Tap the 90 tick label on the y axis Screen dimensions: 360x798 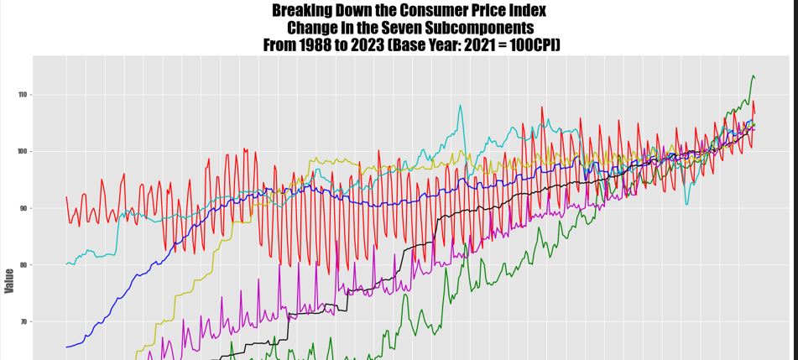(22, 208)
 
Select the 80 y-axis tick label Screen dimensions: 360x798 (22, 265)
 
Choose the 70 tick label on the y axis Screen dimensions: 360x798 (22, 321)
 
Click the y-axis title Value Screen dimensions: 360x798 (9, 280)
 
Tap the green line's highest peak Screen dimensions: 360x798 (753, 76)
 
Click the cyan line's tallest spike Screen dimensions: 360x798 (460, 106)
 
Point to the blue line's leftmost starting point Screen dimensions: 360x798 (66, 347)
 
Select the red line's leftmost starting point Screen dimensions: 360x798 (66, 197)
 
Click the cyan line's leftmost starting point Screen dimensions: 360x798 (66, 264)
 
